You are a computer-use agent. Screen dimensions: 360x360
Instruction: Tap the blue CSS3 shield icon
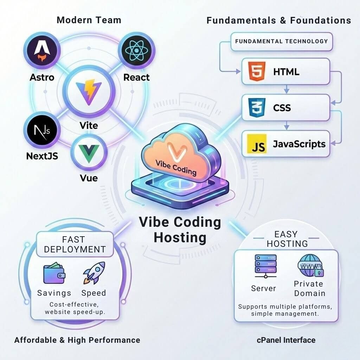pos(257,107)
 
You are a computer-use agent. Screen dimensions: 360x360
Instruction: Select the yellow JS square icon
pos(257,144)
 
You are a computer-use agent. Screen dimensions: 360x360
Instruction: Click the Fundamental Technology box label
pos(281,41)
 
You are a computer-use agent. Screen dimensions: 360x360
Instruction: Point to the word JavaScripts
pos(299,144)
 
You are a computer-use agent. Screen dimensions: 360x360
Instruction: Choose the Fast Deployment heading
pos(75,244)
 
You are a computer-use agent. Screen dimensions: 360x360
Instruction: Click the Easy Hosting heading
pos(287,239)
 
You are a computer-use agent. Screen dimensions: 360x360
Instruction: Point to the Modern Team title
pos(89,20)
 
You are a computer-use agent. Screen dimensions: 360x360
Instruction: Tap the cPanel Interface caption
pos(286,340)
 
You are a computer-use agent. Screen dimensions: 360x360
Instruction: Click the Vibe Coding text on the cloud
pos(176,168)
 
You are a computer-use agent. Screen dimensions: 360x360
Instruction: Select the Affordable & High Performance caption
pos(77,340)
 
